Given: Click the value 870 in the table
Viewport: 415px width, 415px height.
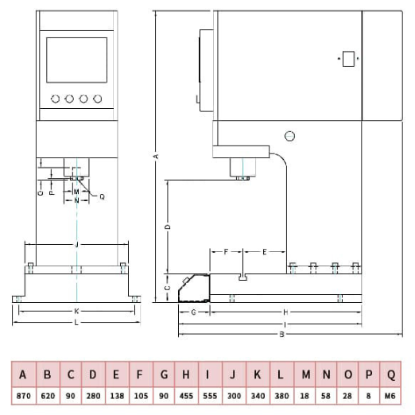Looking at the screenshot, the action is coord(24,396).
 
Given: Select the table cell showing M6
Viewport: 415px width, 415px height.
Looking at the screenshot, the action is coord(390,396).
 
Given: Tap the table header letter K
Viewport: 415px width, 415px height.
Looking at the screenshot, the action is coord(257,374).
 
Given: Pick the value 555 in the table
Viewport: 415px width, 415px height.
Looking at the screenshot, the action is coord(210,396).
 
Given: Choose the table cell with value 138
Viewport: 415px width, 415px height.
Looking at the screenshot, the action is coord(117,396).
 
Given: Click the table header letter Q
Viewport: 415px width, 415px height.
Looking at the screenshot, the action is coord(391,374).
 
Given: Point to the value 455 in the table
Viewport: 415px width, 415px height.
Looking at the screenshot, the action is coord(186,396).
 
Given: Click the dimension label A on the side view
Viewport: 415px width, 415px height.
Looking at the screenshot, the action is coord(157,157).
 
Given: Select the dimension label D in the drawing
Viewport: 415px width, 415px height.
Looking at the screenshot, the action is coord(168,227).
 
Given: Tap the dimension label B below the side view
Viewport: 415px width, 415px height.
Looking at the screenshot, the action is coord(282,335).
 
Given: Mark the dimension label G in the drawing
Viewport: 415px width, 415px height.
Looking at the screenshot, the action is coord(194,312).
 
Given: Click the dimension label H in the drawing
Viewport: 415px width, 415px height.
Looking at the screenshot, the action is coord(285,312).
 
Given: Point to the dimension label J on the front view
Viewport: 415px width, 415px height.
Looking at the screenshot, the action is coord(76,244).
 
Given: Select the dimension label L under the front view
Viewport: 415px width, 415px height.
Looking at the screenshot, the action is coord(76,322).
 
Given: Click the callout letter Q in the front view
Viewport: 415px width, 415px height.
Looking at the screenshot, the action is coord(102,196).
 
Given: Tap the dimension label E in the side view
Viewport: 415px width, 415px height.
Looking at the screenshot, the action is coord(264,252).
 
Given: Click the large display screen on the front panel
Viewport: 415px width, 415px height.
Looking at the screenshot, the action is coord(77,60).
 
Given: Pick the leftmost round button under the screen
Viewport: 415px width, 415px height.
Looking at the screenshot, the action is coord(55,99).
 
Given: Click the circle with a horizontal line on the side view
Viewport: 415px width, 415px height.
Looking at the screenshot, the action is coord(289,136).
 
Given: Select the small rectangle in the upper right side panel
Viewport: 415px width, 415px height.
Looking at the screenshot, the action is coord(348,59).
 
